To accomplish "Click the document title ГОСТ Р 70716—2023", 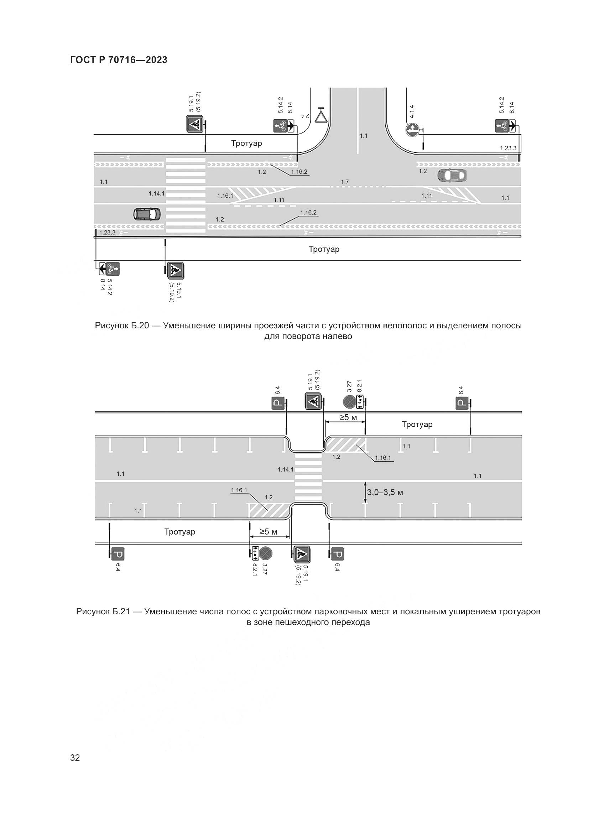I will pyautogui.click(x=119, y=60).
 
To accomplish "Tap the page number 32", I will pyautogui.click(x=75, y=757).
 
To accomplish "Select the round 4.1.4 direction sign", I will pyautogui.click(x=412, y=130).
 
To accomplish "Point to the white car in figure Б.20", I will pyautogui.click(x=451, y=176).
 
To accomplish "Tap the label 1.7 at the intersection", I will pyautogui.click(x=345, y=182).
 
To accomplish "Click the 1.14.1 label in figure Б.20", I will pyautogui.click(x=156, y=194).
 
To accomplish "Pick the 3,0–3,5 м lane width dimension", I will pyautogui.click(x=385, y=492).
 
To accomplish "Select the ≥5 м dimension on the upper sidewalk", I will pyautogui.click(x=348, y=418).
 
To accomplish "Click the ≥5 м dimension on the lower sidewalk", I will pyautogui.click(x=269, y=532).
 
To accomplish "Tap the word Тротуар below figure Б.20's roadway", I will pyautogui.click(x=324, y=249).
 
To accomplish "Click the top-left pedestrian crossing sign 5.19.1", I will pyautogui.click(x=195, y=124).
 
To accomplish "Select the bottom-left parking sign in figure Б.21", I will pyautogui.click(x=118, y=555).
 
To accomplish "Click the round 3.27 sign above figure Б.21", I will pyautogui.click(x=349, y=402).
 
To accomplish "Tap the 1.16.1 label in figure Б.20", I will pyautogui.click(x=225, y=196).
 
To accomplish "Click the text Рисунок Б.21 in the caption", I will pyautogui.click(x=103, y=611).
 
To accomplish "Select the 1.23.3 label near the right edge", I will pyautogui.click(x=508, y=148).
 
